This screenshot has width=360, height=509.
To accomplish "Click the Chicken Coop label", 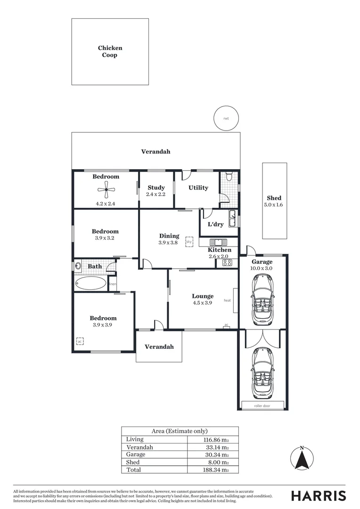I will click(110, 51).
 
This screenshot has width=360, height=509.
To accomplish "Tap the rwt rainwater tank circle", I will click(226, 118).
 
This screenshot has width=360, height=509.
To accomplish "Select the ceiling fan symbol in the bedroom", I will click(106, 192).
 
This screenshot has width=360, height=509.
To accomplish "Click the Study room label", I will click(156, 188).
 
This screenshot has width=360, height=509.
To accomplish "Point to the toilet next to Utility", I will click(229, 177).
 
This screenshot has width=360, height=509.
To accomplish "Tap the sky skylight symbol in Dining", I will click(189, 241).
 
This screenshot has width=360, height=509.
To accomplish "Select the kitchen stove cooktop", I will click(227, 263).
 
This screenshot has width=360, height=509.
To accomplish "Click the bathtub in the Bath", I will click(90, 283).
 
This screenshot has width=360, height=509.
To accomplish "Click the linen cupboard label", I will click(113, 284).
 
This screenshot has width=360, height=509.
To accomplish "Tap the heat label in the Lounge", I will click(227, 301).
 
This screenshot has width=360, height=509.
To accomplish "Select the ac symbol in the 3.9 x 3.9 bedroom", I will click(80, 341).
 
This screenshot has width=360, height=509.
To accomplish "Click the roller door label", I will click(262, 405).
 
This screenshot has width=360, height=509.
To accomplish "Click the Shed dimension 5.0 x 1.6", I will click(274, 205).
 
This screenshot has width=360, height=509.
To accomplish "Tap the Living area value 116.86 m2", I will click(216, 439).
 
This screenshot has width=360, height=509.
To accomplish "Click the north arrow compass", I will click(302, 459).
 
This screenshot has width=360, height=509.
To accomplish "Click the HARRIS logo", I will click(318, 496).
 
